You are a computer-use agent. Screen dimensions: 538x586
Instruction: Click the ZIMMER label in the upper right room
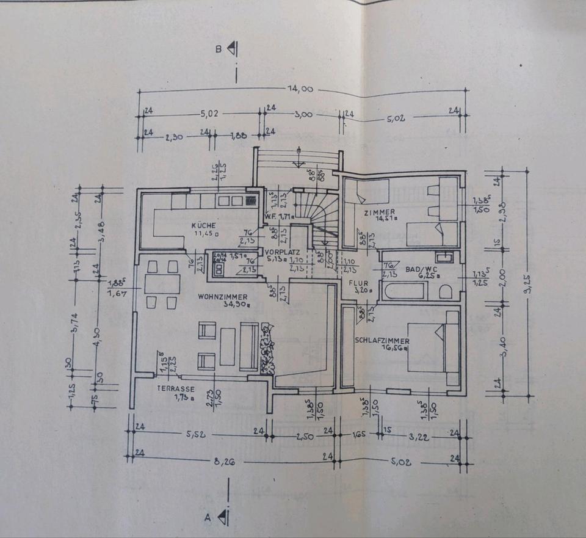point(378,211)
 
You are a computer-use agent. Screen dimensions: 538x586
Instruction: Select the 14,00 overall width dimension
point(300,89)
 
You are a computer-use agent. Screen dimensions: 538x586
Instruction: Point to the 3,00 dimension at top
point(303,113)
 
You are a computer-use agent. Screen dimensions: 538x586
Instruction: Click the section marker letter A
point(208,518)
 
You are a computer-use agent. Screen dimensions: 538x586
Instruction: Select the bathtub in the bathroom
point(403,291)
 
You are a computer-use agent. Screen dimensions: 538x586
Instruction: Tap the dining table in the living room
point(162,284)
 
